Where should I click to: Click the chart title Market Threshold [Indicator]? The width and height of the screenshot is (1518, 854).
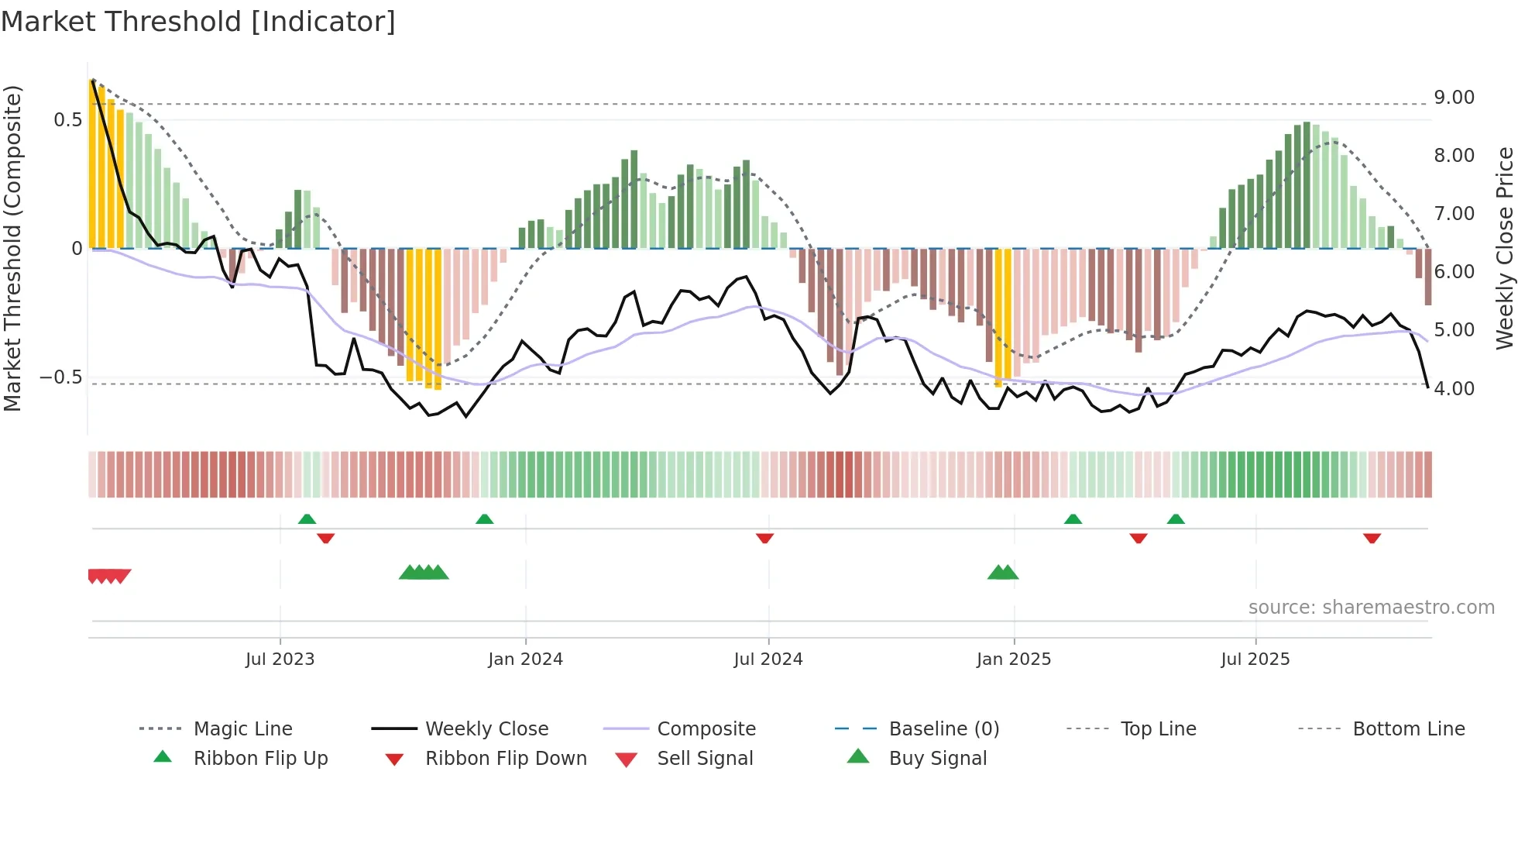click(198, 22)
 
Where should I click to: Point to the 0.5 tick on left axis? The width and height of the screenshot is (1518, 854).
click(67, 119)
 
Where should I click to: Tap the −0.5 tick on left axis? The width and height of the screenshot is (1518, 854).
click(61, 377)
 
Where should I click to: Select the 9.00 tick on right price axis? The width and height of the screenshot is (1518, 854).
click(1454, 98)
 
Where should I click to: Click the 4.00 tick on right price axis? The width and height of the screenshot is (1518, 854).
click(1454, 388)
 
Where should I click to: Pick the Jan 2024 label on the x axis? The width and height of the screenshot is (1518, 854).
click(525, 659)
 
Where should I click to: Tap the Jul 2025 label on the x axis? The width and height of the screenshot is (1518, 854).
click(1255, 659)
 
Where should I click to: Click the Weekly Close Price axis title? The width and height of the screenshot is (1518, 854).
click(1504, 248)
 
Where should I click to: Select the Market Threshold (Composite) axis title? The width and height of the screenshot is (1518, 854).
click(12, 248)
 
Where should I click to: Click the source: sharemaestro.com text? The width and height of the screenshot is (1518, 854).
click(1371, 608)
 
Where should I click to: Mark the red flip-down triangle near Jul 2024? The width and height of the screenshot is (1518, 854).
click(764, 538)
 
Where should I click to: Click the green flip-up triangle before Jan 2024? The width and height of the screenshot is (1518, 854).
click(484, 519)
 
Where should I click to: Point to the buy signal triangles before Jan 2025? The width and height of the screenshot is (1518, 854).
click(1003, 573)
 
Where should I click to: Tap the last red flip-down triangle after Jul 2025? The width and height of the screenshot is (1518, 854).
click(1372, 538)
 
